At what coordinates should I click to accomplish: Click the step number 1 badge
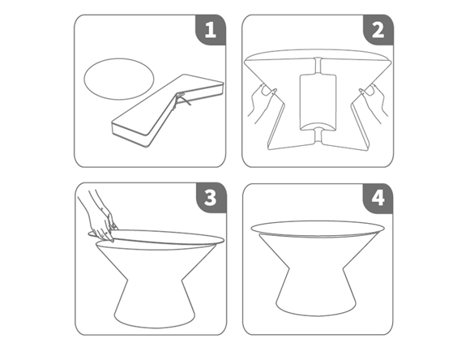pyautogui.click(x=211, y=30)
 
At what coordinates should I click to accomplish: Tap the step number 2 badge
pyautogui.click(x=378, y=30)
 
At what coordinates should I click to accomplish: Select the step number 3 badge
pyautogui.click(x=211, y=198)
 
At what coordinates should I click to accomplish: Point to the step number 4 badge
pyautogui.click(x=378, y=199)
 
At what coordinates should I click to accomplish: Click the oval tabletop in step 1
pyautogui.click(x=119, y=79)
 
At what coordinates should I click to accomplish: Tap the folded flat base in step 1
pyautogui.click(x=168, y=111)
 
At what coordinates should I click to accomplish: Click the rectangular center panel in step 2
pyautogui.click(x=318, y=102)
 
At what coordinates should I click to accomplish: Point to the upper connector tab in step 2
pyautogui.click(x=318, y=66)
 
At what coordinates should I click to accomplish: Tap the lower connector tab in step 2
pyautogui.click(x=318, y=135)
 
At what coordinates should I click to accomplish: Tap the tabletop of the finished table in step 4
pyautogui.click(x=318, y=229)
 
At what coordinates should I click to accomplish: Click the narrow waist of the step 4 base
pyautogui.click(x=316, y=268)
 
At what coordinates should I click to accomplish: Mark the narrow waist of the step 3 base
pyautogui.click(x=155, y=281)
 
